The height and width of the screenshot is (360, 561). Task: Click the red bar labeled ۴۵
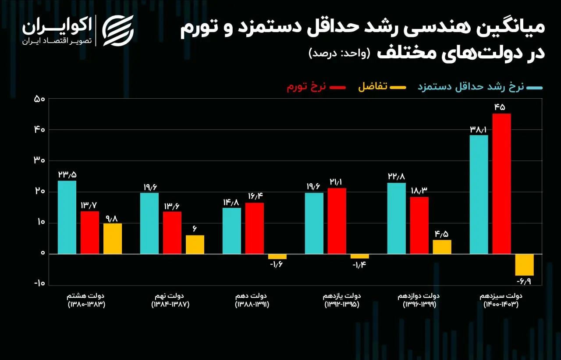pyautogui.click(x=501, y=184)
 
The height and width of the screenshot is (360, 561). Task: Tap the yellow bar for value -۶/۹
pyautogui.click(x=524, y=264)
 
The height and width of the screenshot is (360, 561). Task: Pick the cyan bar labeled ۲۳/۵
pyautogui.click(x=67, y=217)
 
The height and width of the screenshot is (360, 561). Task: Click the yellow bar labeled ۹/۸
pyautogui.click(x=113, y=239)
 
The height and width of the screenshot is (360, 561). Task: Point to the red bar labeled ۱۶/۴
pyautogui.click(x=254, y=228)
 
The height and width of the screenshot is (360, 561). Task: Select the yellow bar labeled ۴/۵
pyautogui.click(x=442, y=247)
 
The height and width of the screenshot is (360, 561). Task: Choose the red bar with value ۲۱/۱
pyautogui.click(x=337, y=221)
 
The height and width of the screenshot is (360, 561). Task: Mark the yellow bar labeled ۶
pyautogui.click(x=195, y=244)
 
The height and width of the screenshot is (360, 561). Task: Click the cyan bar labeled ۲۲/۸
pyautogui.click(x=396, y=218)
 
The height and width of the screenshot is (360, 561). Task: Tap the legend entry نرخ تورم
pyautogui.click(x=307, y=87)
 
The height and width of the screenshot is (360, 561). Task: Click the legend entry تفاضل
pyautogui.click(x=373, y=87)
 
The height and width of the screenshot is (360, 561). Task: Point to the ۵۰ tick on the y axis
pyautogui.click(x=40, y=99)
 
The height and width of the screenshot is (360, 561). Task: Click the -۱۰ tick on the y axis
pyautogui.click(x=39, y=283)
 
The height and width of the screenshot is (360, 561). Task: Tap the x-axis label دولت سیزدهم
pyautogui.click(x=501, y=296)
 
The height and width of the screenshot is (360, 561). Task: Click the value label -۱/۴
pyautogui.click(x=359, y=266)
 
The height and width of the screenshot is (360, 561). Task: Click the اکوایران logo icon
pyautogui.click(x=117, y=30)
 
